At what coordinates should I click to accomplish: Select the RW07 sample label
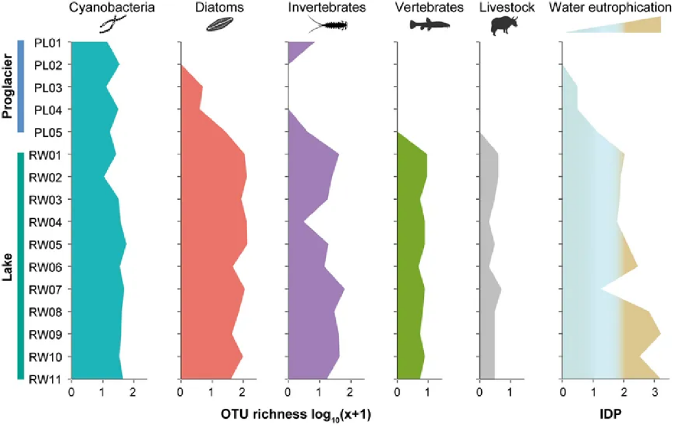click(x=45, y=289)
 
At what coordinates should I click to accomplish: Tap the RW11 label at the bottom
click(x=45, y=379)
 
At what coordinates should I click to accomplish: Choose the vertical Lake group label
click(x=8, y=266)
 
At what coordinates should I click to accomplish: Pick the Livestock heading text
click(x=505, y=9)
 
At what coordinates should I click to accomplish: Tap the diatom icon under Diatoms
click(x=220, y=26)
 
